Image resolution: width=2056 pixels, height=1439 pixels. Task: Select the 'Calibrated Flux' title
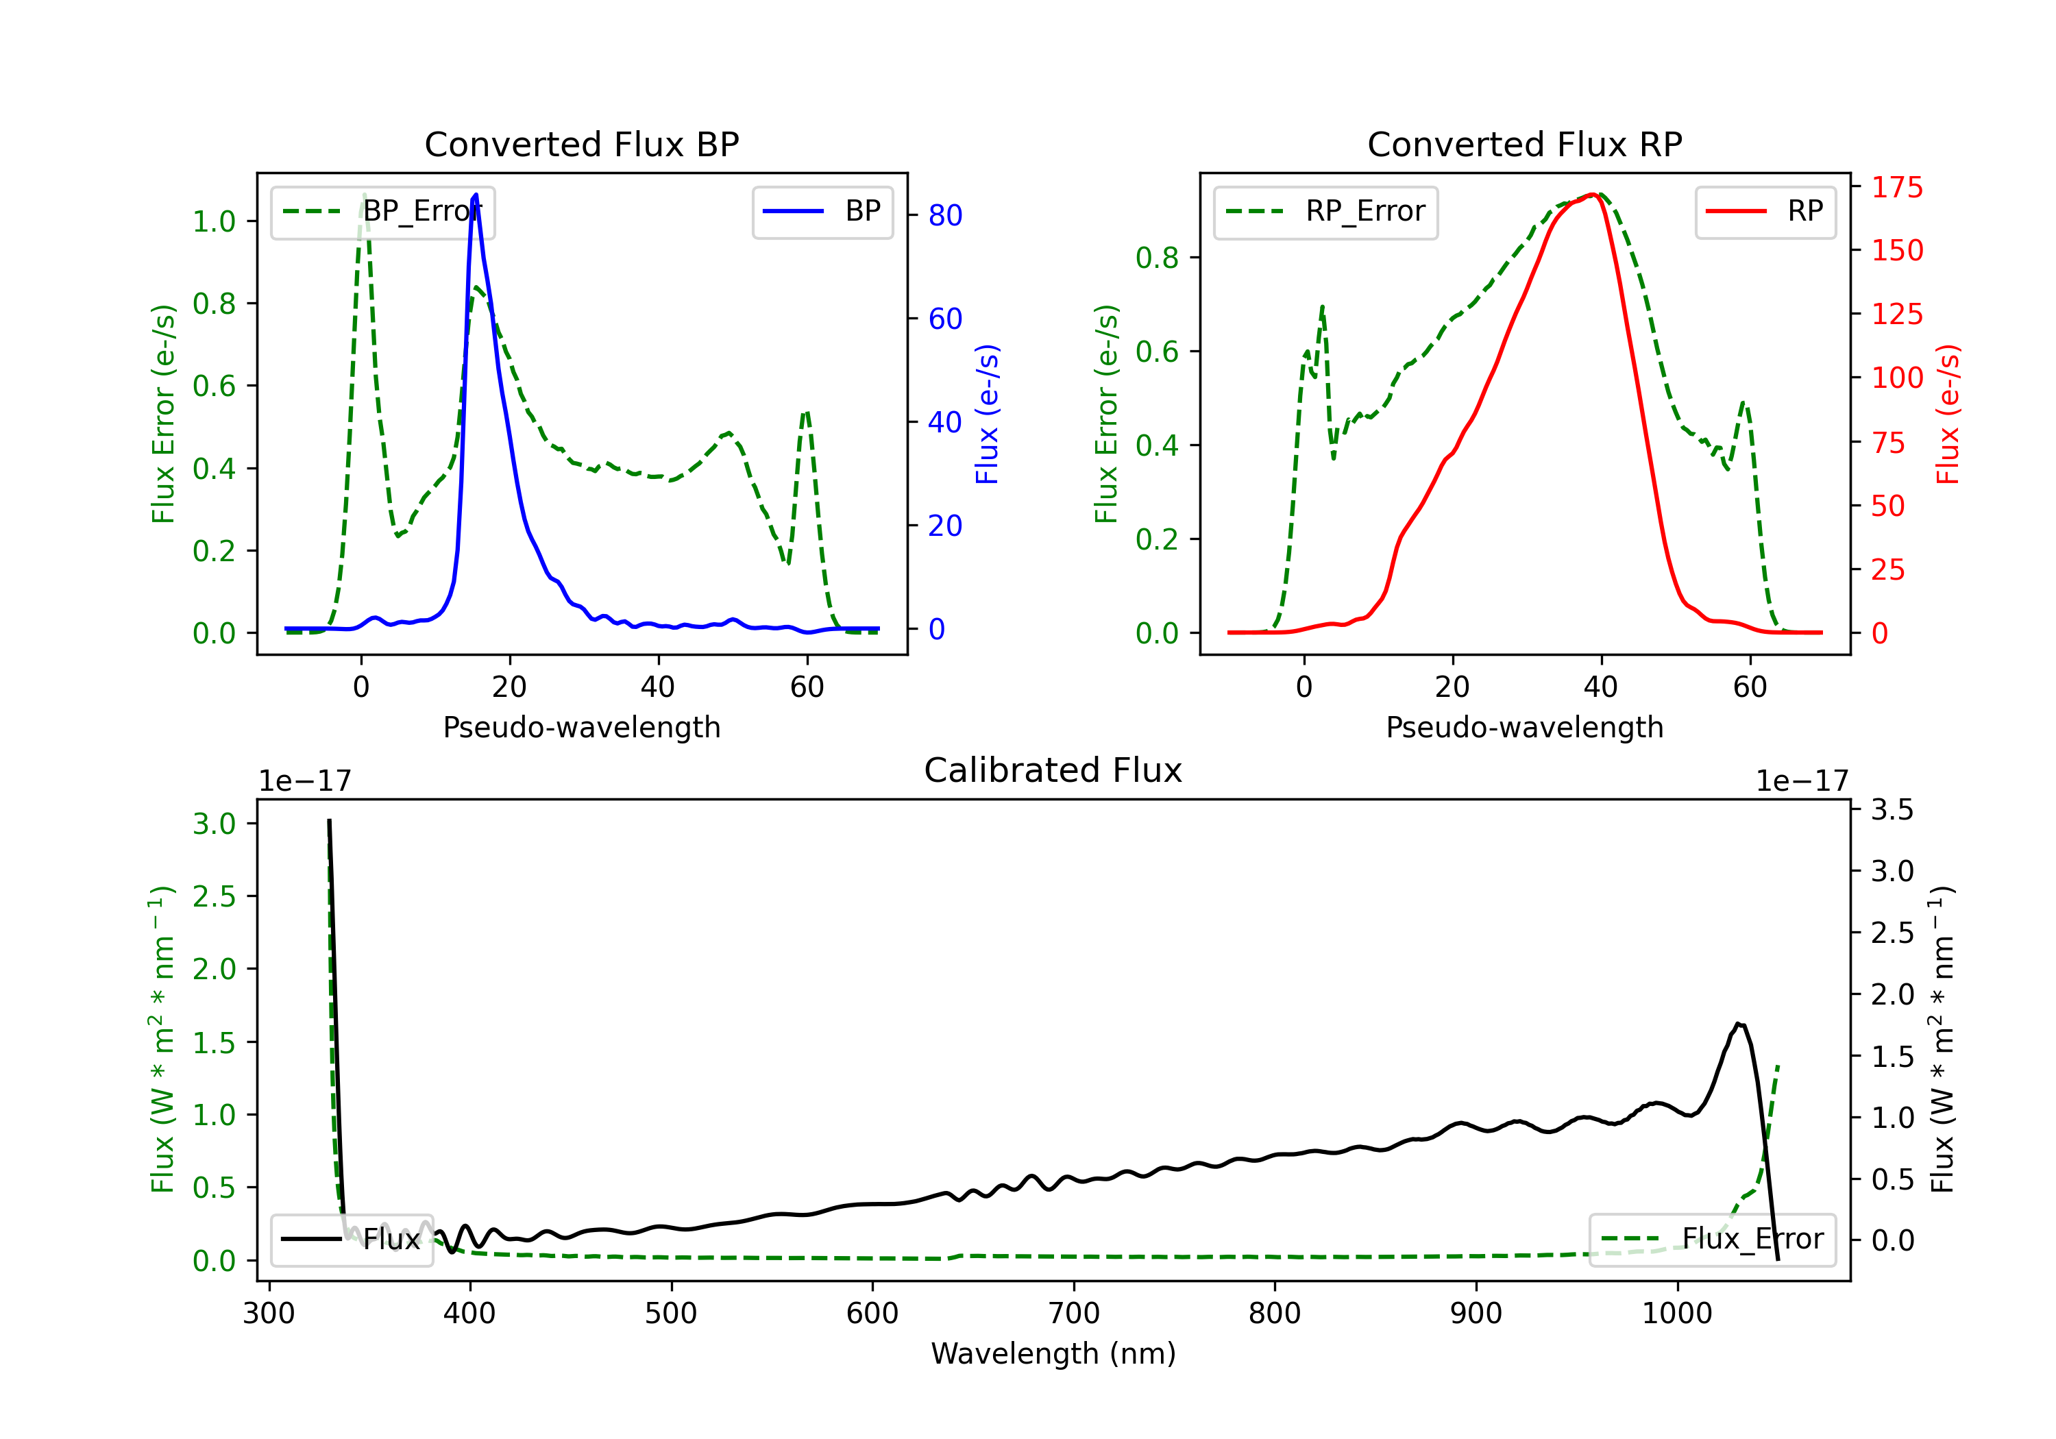(x=1053, y=770)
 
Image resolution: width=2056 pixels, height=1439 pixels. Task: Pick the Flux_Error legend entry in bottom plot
(x=1712, y=1240)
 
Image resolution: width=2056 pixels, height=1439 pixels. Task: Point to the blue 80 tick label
(x=946, y=216)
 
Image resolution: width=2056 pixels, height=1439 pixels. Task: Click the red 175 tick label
(x=1896, y=188)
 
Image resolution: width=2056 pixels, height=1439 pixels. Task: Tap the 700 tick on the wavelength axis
(x=1074, y=1314)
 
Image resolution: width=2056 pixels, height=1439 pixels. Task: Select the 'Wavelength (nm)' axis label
(x=1053, y=1354)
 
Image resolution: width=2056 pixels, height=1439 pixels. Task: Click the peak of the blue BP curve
(x=476, y=195)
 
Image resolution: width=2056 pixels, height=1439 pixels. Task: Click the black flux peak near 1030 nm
(x=1738, y=1024)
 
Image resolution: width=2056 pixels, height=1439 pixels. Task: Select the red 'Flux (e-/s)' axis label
(x=1948, y=415)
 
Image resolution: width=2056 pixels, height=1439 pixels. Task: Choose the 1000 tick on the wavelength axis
(x=1677, y=1314)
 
